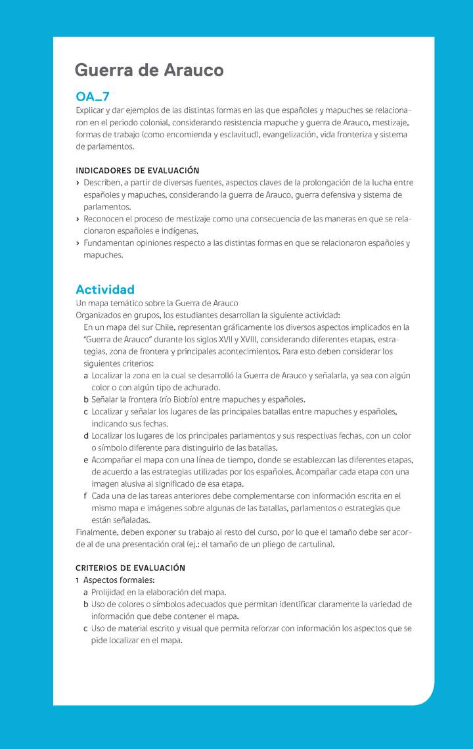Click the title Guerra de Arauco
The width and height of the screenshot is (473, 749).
click(x=149, y=70)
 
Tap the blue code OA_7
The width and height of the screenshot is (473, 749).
click(x=93, y=97)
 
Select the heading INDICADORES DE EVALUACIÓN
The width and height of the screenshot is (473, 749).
click(x=137, y=171)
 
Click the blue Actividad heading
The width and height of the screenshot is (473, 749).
click(x=105, y=289)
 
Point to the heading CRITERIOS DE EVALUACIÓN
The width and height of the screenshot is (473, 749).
click(x=131, y=568)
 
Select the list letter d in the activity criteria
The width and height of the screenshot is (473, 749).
click(x=86, y=436)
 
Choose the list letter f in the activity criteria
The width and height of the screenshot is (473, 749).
click(x=86, y=496)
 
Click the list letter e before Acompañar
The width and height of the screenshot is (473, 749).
click(x=86, y=460)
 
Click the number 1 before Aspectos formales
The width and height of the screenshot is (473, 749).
click(x=78, y=580)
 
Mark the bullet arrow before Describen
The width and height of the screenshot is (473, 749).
click(x=78, y=183)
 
